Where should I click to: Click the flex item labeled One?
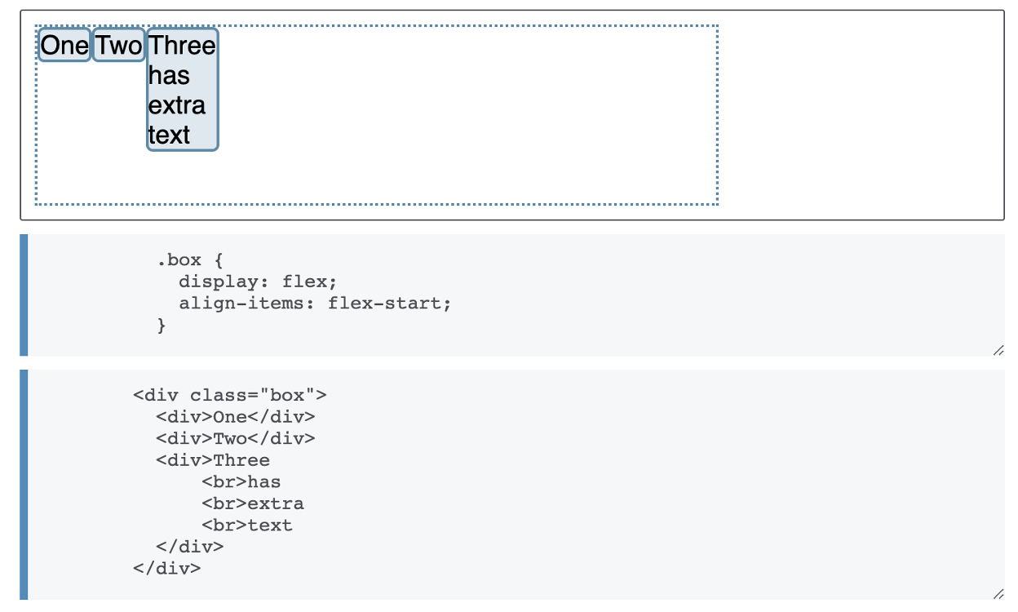coord(64,46)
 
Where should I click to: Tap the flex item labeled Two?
coord(119,46)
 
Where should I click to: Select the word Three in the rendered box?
coord(182,45)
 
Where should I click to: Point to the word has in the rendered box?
coord(169,76)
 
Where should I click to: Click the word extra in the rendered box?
coord(177,105)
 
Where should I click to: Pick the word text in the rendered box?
coord(169,135)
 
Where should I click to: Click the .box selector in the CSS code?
coord(179,260)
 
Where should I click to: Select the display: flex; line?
coord(258,282)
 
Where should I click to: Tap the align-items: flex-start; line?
coord(315,304)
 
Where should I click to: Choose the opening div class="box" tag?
coord(229,396)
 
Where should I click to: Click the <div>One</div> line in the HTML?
coord(235,417)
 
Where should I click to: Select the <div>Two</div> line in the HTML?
coord(235,439)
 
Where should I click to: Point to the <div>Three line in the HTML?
coord(212,460)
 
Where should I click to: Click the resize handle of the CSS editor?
coord(998,350)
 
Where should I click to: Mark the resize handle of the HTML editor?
coord(998,594)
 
